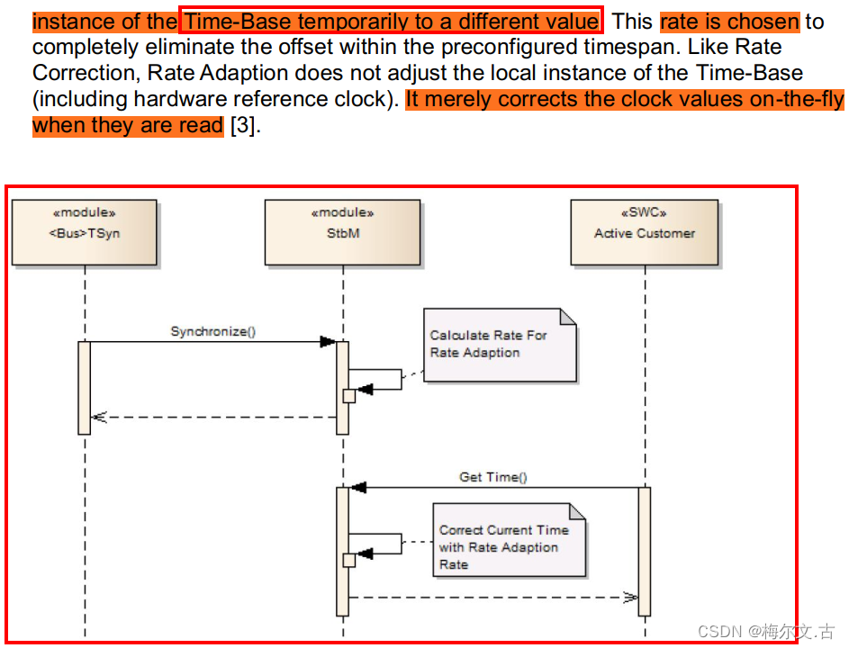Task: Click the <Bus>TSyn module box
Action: [85, 232]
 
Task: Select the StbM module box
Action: [342, 232]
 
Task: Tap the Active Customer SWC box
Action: [645, 232]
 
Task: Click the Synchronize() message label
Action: [213, 331]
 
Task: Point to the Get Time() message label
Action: [493, 477]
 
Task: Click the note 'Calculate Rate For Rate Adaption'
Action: [500, 345]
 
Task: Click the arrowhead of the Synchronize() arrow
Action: [328, 342]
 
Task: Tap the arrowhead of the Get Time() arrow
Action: [358, 488]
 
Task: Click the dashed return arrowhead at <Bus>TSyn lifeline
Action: [98, 417]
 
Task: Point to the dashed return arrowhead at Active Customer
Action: [630, 597]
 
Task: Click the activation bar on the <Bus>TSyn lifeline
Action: [85, 387]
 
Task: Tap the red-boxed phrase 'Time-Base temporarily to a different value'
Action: [391, 22]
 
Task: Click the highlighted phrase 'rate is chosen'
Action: [729, 22]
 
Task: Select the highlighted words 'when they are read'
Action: [128, 125]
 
